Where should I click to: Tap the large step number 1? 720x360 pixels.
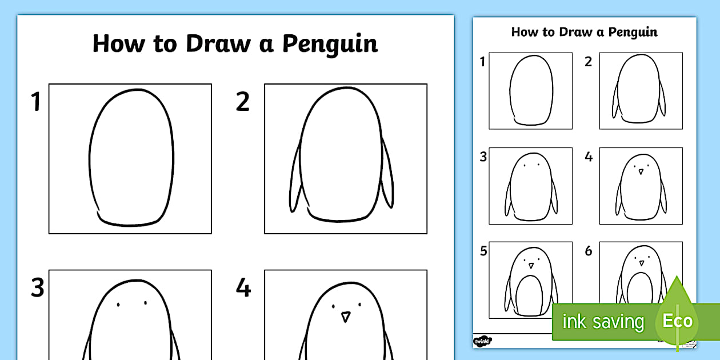(36, 102)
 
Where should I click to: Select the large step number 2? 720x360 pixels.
(243, 102)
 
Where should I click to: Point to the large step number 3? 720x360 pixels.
(37, 289)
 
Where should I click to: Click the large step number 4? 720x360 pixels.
(243, 289)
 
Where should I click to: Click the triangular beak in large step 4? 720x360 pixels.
(345, 317)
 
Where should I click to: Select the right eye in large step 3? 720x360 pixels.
(145, 304)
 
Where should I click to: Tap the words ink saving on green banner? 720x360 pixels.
(602, 322)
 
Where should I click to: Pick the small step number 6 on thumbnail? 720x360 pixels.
(589, 251)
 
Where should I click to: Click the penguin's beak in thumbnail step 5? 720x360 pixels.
(531, 265)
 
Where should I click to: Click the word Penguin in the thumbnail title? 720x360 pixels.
(633, 32)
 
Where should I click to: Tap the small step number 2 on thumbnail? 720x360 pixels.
(589, 62)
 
